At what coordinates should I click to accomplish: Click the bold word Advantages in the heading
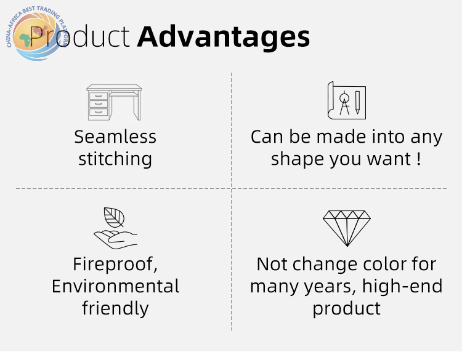tap(224, 38)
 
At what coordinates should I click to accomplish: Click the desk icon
tap(114, 102)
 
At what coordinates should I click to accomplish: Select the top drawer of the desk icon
tap(99, 96)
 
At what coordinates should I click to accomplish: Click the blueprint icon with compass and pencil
tap(346, 101)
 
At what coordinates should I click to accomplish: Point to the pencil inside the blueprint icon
tap(357, 102)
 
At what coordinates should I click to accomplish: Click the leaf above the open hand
tap(114, 217)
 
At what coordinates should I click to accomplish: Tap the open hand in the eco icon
tap(116, 239)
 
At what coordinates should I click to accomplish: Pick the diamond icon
tap(347, 228)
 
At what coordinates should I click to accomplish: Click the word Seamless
tap(115, 137)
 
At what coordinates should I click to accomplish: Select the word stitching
tap(115, 159)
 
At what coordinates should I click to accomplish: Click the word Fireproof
tap(115, 265)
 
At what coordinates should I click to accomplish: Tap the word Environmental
tap(116, 286)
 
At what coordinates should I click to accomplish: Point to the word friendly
tap(115, 308)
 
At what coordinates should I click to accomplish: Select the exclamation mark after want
tap(419, 159)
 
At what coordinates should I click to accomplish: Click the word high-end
tap(402, 286)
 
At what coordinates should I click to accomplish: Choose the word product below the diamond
tap(346, 309)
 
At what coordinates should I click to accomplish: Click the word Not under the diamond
tap(272, 264)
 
